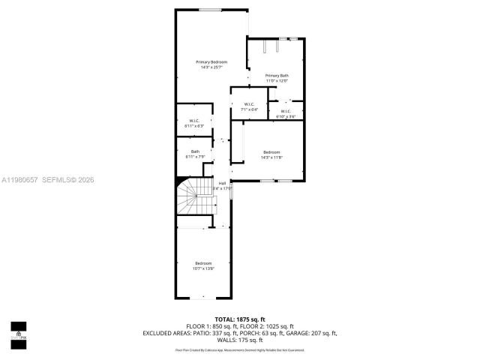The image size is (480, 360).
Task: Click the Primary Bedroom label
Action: tap(211, 61)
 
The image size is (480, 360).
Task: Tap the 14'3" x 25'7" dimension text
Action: tap(211, 67)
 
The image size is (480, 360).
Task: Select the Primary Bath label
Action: tap(277, 75)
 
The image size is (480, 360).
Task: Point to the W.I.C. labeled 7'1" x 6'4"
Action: tap(249, 104)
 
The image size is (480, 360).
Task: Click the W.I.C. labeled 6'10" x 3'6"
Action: tap(286, 111)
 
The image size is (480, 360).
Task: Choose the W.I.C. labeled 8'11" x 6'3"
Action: tap(193, 121)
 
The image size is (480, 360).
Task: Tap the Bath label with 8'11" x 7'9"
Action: tap(194, 151)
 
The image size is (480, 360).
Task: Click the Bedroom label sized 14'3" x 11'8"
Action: tap(271, 152)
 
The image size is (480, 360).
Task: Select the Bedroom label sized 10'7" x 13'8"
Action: tap(203, 263)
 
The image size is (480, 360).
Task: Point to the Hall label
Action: tap(222, 182)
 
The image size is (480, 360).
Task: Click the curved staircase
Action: tap(193, 199)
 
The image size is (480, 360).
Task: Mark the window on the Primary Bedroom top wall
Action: tap(210, 10)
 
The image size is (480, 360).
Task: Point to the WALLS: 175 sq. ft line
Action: tap(239, 340)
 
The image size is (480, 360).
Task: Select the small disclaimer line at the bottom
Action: tap(239, 349)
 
